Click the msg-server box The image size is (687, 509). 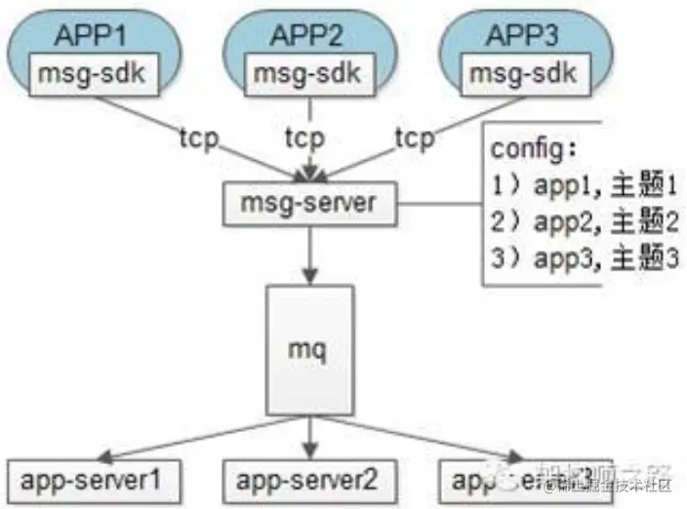click(x=307, y=205)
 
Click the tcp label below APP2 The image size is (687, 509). click(x=305, y=137)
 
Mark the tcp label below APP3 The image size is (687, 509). click(x=415, y=137)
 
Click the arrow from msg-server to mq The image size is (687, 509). click(x=307, y=254)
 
